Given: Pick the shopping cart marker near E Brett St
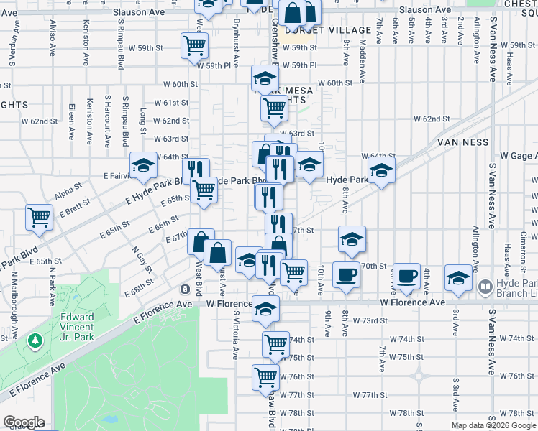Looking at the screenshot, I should (39, 217).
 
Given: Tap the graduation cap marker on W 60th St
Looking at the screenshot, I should (265, 78).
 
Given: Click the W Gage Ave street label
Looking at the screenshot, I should (519, 156).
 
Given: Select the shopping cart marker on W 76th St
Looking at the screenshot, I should (265, 376).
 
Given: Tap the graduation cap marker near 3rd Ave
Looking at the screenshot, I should (458, 277).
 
